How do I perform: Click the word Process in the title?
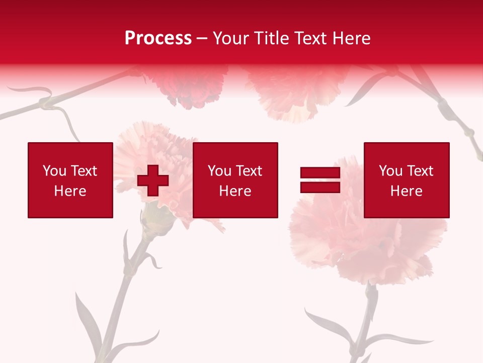[158, 38]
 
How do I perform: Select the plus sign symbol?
[153, 180]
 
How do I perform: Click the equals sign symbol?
[320, 180]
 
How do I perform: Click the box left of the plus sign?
[70, 180]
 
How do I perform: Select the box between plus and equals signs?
[235, 180]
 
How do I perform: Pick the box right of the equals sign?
[407, 180]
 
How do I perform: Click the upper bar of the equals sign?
[320, 173]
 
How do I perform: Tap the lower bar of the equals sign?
[320, 187]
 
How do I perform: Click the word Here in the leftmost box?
[70, 191]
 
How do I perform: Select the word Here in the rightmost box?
[407, 191]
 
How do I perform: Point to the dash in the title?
[202, 39]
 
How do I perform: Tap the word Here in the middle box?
[235, 191]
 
